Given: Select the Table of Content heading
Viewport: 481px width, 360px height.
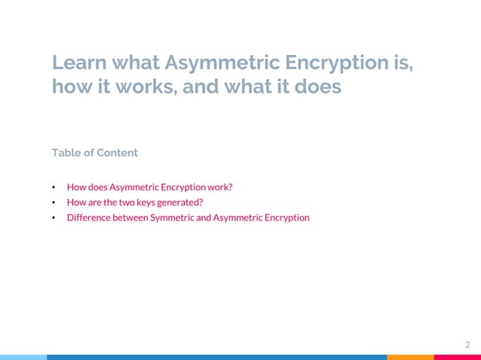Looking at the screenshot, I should click(x=94, y=153).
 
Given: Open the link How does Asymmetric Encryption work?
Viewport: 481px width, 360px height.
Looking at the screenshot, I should click(x=149, y=187).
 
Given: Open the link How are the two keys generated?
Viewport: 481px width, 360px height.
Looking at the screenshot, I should click(x=134, y=202).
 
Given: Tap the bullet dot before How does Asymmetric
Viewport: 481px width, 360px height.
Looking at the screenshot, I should click(x=54, y=188).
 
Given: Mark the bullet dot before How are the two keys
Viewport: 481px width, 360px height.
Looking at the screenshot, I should click(x=54, y=203).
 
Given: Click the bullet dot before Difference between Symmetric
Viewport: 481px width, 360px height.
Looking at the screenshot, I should click(x=54, y=218).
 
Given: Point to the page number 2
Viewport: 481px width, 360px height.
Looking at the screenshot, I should click(x=467, y=344).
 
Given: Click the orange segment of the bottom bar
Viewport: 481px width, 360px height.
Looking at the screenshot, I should click(x=410, y=357).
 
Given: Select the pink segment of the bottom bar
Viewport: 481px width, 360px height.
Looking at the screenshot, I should click(x=457, y=357).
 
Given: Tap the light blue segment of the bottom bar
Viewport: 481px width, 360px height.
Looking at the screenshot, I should click(x=23, y=357).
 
